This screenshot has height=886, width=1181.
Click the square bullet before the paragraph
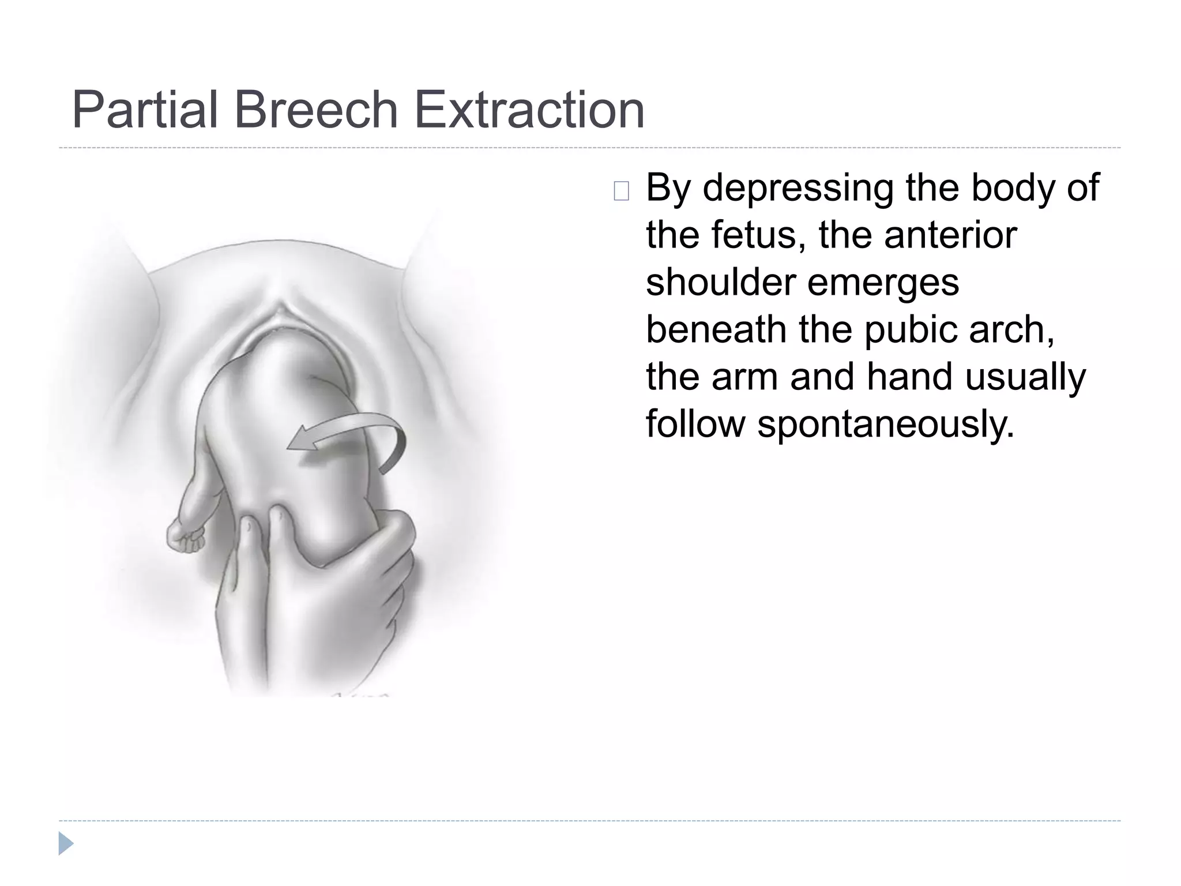pyautogui.click(x=621, y=191)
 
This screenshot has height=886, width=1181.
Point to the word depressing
pyautogui.click(x=798, y=188)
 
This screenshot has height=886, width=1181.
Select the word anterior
pyautogui.click(x=950, y=235)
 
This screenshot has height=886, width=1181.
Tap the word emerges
pyautogui.click(x=883, y=283)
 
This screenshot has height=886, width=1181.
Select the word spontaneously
pyautogui.click(x=885, y=425)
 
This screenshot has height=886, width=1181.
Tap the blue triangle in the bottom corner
pyautogui.click(x=65, y=844)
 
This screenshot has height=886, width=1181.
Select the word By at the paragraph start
pyautogui.click(x=668, y=188)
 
